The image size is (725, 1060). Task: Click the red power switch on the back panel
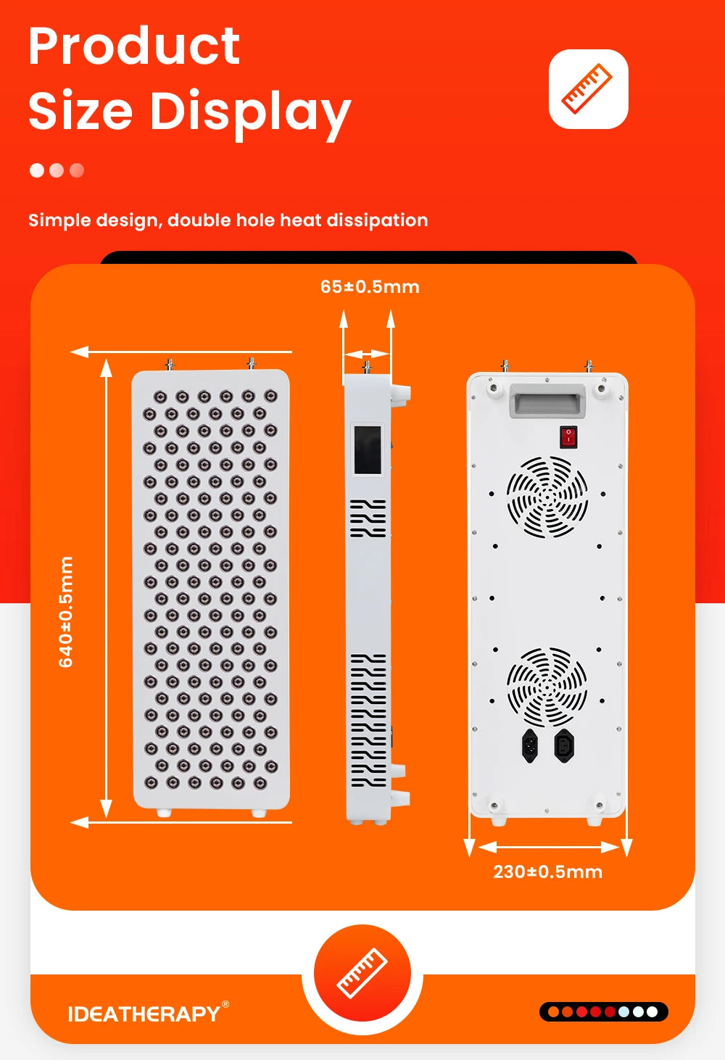pos(568,436)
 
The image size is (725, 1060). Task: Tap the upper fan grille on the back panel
pos(547,497)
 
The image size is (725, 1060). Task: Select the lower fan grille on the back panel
pos(547,687)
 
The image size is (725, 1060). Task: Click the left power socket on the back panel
pos(530,745)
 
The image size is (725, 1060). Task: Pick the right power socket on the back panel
pos(564,745)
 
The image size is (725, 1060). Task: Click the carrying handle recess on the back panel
pos(547,401)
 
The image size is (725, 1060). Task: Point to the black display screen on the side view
pos(368,450)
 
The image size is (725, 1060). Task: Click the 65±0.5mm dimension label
pos(370,286)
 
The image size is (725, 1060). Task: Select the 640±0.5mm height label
pos(66,611)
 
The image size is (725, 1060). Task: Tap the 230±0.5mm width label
pos(547,871)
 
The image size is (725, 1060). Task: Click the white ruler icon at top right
pos(588,89)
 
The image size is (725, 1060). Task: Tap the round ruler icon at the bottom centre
pos(362,973)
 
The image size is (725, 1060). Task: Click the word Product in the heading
pos(134,46)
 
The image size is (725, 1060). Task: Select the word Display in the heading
pos(250,112)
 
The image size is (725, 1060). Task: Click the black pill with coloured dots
pos(603,1011)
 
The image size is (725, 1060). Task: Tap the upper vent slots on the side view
pos(368,518)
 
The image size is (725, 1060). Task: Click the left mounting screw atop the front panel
pos(169,363)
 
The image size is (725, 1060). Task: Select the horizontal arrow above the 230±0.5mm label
pos(547,846)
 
